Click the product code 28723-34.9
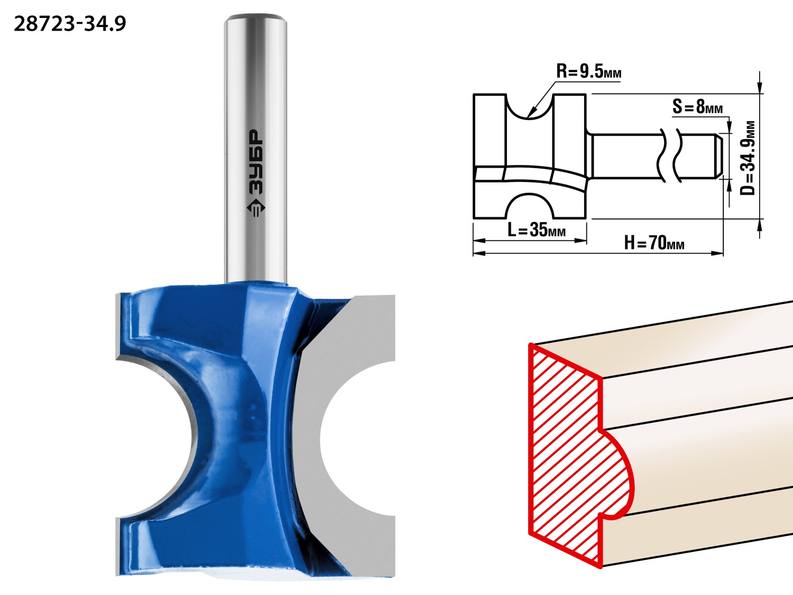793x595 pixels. pos(70,24)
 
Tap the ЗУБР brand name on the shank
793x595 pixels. pos(256,162)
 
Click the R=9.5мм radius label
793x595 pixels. pos(588,71)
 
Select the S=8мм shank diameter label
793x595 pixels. pos(698,107)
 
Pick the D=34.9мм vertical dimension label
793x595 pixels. pos(747,158)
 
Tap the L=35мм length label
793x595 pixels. pos(537,229)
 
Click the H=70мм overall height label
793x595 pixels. pos(654,242)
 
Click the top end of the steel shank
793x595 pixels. pos(256,16)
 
